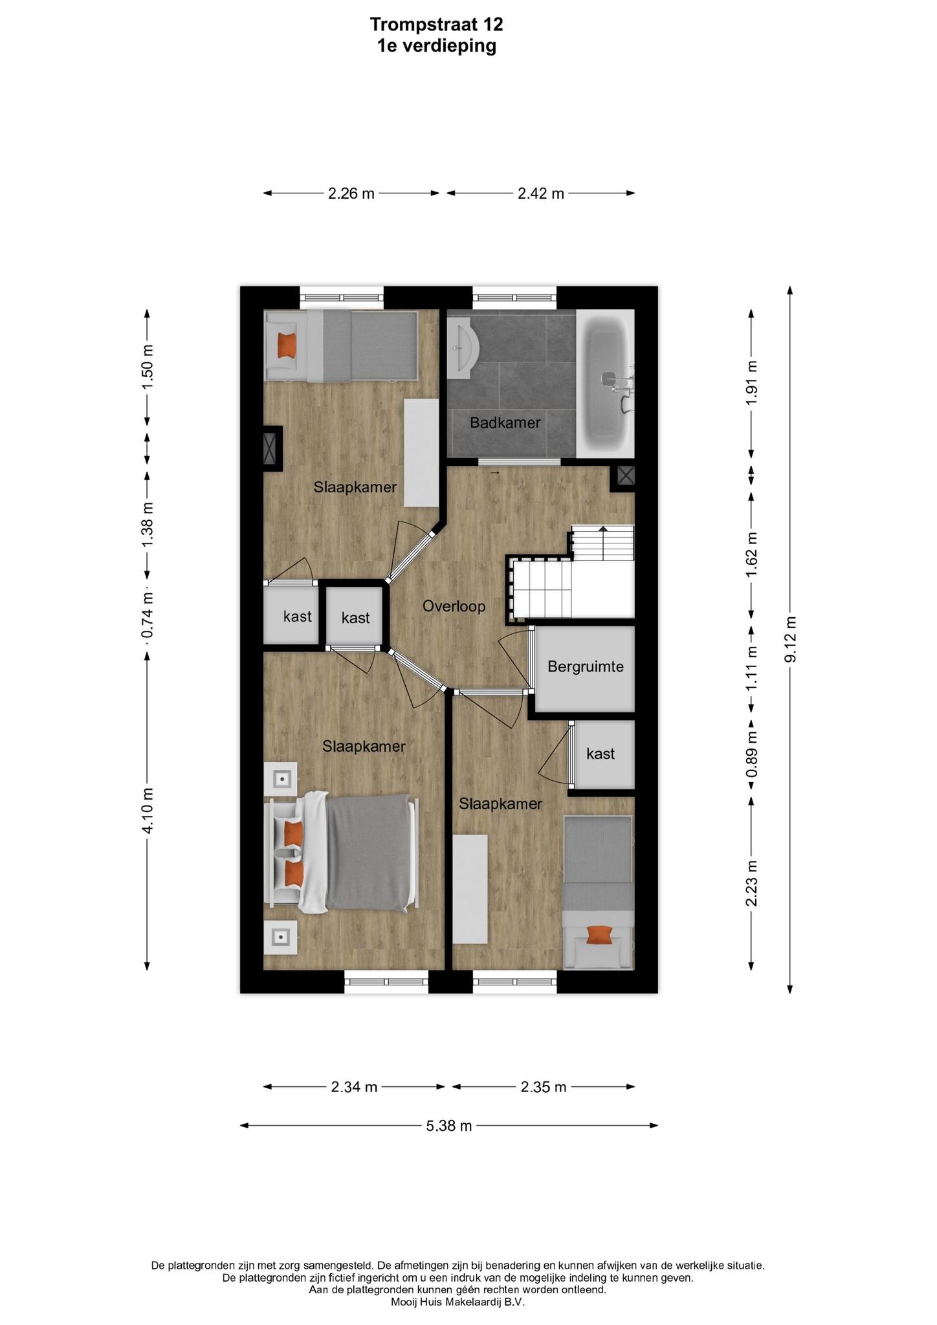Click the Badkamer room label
[505, 423]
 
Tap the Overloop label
[454, 606]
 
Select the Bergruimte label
[586, 666]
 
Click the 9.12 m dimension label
[789, 639]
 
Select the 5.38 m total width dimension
[448, 1126]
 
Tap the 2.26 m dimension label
[351, 193]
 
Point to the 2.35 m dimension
[544, 1087]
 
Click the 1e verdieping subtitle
[437, 46]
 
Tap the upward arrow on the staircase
[603, 542]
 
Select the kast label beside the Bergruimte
[601, 754]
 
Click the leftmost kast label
[298, 617]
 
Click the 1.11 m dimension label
[751, 668]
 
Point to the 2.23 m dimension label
[751, 883]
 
